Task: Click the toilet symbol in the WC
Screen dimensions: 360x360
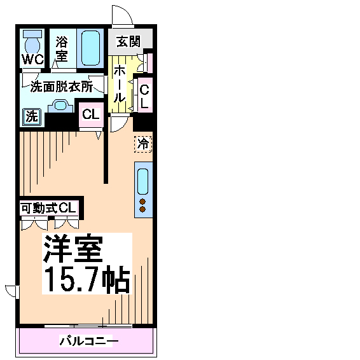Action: click(x=32, y=43)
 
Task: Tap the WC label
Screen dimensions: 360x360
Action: click(x=32, y=59)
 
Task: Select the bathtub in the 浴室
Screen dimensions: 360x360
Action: click(x=91, y=48)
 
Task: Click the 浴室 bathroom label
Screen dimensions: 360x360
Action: click(x=62, y=49)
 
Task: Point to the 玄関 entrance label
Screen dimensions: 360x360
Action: click(x=128, y=41)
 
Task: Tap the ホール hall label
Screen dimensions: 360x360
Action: click(x=120, y=83)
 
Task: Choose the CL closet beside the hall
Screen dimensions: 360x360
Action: click(x=144, y=96)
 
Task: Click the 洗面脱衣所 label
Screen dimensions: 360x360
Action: click(x=62, y=87)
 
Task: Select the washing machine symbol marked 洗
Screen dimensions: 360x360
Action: click(x=32, y=117)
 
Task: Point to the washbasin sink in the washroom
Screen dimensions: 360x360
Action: click(x=60, y=106)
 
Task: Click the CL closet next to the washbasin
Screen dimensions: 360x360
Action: click(x=91, y=114)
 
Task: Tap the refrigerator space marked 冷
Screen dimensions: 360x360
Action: click(x=143, y=144)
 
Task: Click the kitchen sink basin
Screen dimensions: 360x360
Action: click(x=143, y=182)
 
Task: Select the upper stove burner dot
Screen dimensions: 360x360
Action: click(x=142, y=202)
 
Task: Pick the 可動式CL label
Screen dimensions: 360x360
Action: click(x=48, y=208)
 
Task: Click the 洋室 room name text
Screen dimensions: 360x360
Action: click(x=73, y=248)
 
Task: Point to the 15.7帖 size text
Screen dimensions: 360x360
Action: click(x=87, y=279)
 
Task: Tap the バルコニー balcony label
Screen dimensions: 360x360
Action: click(x=89, y=341)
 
